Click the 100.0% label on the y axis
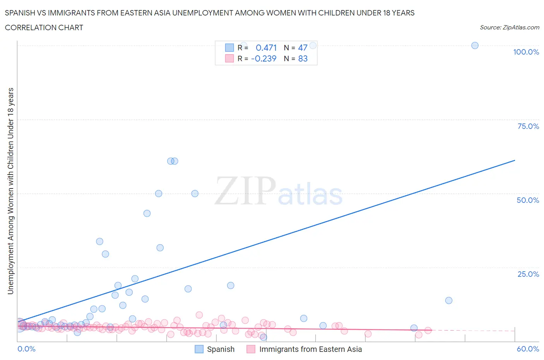[x=526, y=52]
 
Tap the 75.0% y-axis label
[x=528, y=126]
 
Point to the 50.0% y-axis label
[x=528, y=200]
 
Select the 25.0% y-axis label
[x=528, y=274]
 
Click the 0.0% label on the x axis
[x=26, y=349]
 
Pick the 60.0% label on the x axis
[x=528, y=349]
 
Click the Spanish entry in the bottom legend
[x=221, y=349]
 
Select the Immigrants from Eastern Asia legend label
[x=310, y=349]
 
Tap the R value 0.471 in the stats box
[x=266, y=48]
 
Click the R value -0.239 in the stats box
[x=263, y=58]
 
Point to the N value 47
[x=303, y=48]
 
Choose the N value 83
[x=303, y=58]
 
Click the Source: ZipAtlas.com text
[x=509, y=27]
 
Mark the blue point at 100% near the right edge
[x=475, y=45]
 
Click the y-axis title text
[x=10, y=191]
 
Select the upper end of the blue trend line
[x=515, y=160]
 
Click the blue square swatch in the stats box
[x=229, y=48]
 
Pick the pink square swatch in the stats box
[x=229, y=58]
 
